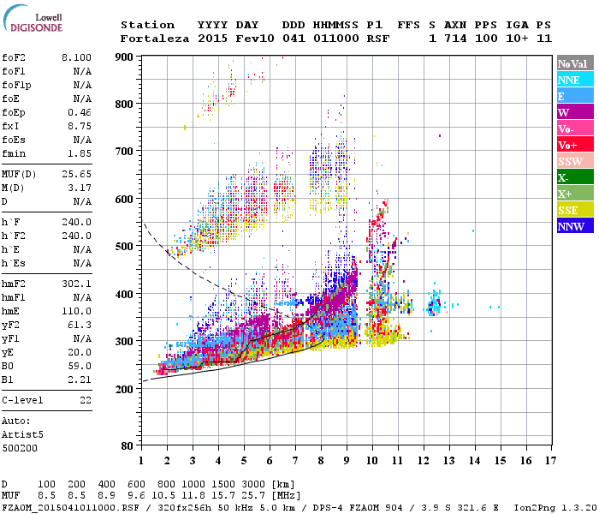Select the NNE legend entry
[x=569, y=80]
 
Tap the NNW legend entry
[x=571, y=226]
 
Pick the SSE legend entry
[x=569, y=210]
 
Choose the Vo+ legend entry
[x=567, y=145]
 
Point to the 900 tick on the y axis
[x=125, y=57]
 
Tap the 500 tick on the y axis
[x=125, y=247]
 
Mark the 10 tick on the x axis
[x=372, y=461]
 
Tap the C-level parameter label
[x=24, y=400]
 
